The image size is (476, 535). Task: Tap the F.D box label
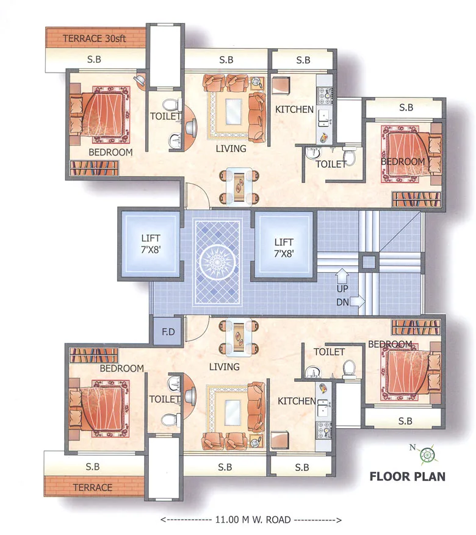pyautogui.click(x=168, y=332)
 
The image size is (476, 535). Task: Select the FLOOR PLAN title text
pyautogui.click(x=407, y=476)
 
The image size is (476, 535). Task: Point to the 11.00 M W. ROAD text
pyautogui.click(x=251, y=520)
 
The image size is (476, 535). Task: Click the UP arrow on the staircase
pyautogui.click(x=342, y=277)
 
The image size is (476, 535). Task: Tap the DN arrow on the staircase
pyautogui.click(x=358, y=300)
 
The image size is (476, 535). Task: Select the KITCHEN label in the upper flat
pyautogui.click(x=294, y=110)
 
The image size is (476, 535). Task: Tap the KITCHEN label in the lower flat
pyautogui.click(x=297, y=401)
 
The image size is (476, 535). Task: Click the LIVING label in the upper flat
pyautogui.click(x=231, y=148)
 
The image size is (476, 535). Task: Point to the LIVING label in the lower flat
pyautogui.click(x=224, y=367)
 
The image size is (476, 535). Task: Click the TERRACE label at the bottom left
pyautogui.click(x=92, y=487)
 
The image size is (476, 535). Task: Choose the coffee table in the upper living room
pyautogui.click(x=233, y=112)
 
